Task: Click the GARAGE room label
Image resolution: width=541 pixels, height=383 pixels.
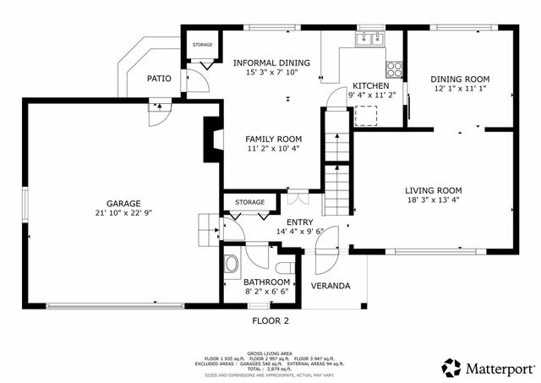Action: click(123, 203)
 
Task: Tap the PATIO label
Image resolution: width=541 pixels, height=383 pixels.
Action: click(159, 79)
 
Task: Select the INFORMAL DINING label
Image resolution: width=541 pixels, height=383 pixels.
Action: click(272, 63)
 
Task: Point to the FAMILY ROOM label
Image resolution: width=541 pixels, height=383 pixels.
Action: click(273, 139)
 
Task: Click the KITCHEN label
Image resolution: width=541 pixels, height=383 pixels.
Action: click(371, 86)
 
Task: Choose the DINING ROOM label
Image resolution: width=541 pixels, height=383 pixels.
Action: click(462, 79)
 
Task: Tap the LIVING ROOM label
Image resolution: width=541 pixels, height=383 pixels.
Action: click(433, 190)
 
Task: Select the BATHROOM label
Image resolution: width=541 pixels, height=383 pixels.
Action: click(267, 282)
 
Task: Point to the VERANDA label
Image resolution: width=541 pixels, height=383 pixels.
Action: click(331, 286)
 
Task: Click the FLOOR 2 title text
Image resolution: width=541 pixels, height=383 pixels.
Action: click(270, 320)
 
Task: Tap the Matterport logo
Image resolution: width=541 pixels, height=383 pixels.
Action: click(488, 368)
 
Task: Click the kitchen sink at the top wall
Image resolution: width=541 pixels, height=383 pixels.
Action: click(371, 39)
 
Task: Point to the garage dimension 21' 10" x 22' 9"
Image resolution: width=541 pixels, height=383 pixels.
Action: click(123, 213)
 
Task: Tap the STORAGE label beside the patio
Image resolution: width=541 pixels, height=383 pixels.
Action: click(202, 44)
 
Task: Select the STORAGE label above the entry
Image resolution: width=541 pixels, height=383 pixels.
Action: click(250, 203)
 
